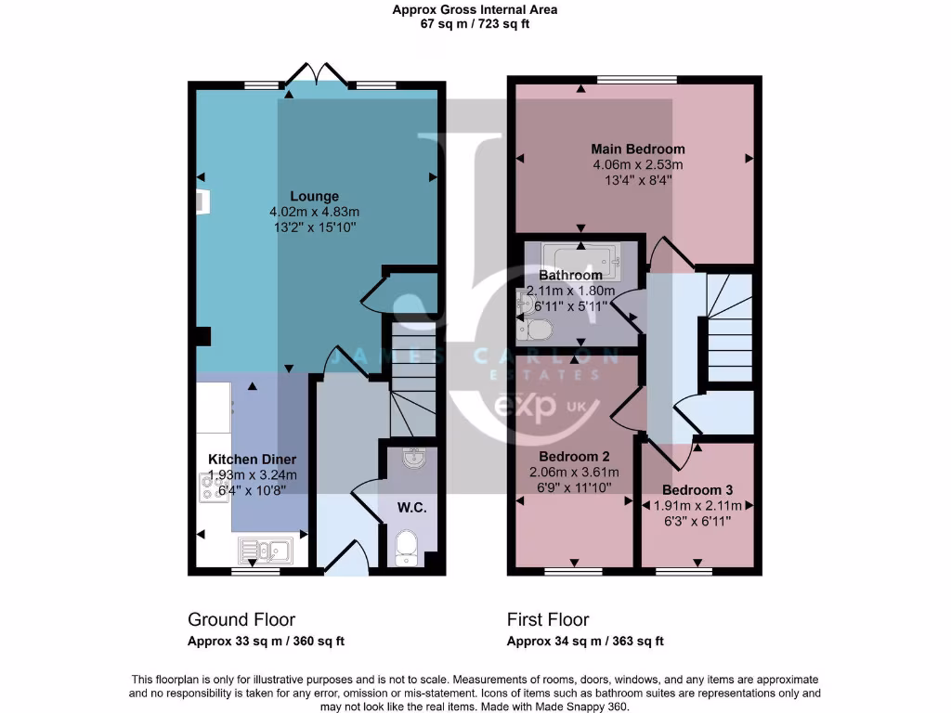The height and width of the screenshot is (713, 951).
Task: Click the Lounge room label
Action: (x=314, y=196)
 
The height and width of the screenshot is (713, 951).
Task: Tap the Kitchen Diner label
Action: (x=252, y=460)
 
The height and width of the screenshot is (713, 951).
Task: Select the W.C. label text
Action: (x=411, y=508)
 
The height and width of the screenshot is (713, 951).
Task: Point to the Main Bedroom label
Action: (x=638, y=149)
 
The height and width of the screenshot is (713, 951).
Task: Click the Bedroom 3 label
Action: (x=697, y=489)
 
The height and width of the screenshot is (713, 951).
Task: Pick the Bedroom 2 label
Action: (x=574, y=457)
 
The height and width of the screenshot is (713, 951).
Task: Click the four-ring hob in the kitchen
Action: (x=214, y=487)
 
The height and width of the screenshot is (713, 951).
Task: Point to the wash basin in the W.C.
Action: (x=412, y=458)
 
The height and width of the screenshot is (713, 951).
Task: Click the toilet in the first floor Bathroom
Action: (x=537, y=329)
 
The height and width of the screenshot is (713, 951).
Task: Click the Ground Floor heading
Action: (x=241, y=619)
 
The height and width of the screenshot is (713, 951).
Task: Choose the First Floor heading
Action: (x=548, y=619)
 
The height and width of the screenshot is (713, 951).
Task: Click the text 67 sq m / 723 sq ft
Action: (x=475, y=24)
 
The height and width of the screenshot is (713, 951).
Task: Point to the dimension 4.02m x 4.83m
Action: (x=314, y=212)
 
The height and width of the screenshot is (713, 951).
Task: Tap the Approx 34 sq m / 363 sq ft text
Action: (x=585, y=642)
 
